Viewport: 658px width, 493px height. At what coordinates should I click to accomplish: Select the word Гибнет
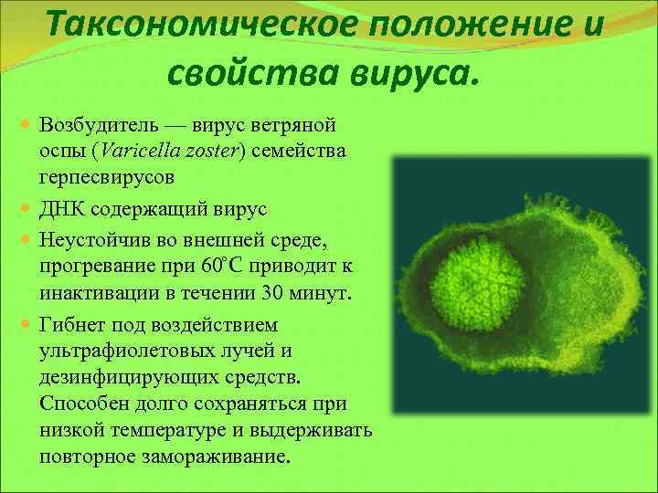tap(74, 325)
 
